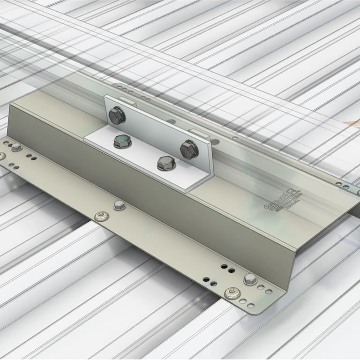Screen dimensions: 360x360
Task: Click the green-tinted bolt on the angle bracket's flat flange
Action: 122,140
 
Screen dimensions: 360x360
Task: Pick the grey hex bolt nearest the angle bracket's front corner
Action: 165,163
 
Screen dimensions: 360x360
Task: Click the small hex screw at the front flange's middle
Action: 119,205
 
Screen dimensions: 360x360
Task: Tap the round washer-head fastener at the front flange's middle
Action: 100,216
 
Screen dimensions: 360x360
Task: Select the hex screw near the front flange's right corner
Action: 250,280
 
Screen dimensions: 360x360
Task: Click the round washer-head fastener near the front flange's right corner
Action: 231,294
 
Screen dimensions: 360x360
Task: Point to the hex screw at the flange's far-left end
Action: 16,147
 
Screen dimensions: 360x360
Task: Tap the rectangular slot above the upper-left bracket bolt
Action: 127,100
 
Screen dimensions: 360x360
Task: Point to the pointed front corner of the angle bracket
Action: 187,191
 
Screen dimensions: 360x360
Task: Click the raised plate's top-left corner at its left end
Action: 10,105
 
